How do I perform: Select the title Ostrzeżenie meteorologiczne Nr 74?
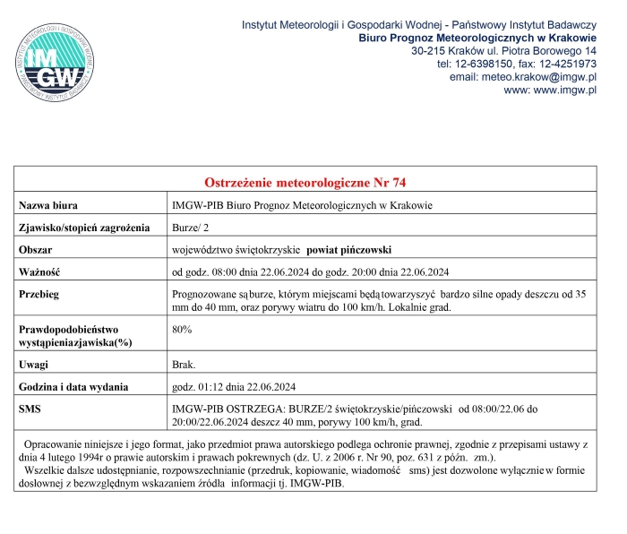[x=305, y=183]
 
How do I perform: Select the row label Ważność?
[x=40, y=271]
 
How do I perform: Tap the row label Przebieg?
[x=42, y=294]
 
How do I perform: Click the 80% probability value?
[x=182, y=330]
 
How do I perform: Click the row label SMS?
[x=30, y=409]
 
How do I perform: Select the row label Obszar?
[x=38, y=249]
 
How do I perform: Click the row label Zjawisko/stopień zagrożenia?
[x=85, y=228]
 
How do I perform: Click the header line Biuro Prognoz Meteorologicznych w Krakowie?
[x=477, y=39]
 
